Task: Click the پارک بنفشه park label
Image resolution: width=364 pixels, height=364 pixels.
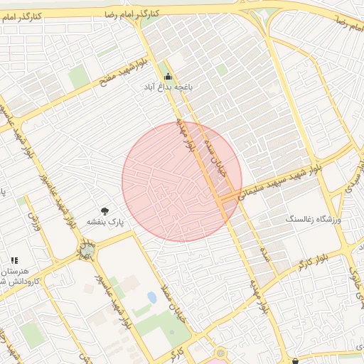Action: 105,222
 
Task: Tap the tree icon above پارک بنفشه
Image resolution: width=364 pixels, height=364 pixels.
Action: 105,210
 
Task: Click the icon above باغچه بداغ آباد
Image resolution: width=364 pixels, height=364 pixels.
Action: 168,77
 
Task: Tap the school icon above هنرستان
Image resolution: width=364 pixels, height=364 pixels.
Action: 14,261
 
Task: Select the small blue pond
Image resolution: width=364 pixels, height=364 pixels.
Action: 151,296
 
